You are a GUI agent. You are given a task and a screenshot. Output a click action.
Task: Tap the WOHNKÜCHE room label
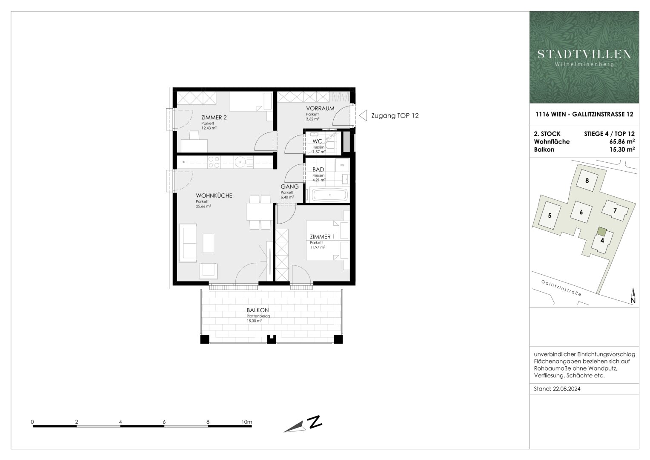[x=214, y=195]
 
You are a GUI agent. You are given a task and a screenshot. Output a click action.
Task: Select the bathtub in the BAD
[x=330, y=195]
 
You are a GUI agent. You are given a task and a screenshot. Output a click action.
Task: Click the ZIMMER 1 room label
[x=322, y=236]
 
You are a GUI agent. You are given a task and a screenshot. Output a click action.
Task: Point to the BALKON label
[x=258, y=310]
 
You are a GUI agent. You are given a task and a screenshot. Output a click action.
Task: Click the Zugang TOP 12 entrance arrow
[x=363, y=115]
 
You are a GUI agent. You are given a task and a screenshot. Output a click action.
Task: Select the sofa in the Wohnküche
[x=187, y=243]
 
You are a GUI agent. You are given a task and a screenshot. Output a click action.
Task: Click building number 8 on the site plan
[x=587, y=180]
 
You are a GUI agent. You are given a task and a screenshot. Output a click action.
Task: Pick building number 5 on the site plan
[x=550, y=216]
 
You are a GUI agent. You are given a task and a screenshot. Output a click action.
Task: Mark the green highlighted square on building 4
[x=601, y=231]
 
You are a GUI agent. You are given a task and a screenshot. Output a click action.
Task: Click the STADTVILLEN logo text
[x=584, y=54]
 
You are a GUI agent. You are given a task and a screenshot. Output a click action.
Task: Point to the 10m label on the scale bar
[x=246, y=422]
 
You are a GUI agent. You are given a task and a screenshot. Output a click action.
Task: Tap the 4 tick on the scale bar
[x=120, y=422]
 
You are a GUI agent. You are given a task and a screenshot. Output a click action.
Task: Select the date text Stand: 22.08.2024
[x=557, y=389]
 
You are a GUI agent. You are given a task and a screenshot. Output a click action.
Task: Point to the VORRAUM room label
[x=320, y=108]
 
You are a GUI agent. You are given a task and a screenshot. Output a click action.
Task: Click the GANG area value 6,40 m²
[x=287, y=198]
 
